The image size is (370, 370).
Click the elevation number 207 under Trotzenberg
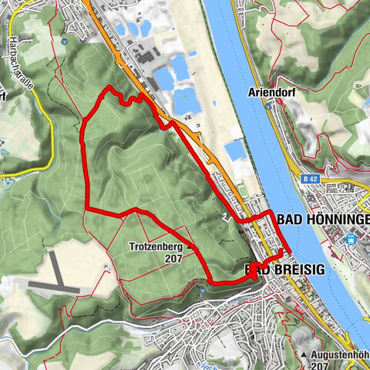(173, 260)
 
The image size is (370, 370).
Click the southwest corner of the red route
(87, 210)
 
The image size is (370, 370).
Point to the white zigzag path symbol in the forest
(225, 217)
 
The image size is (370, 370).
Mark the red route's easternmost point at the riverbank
(288, 251)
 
